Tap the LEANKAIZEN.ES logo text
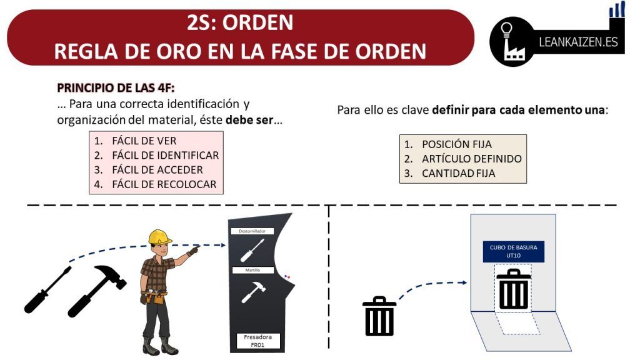pyautogui.click(x=578, y=42)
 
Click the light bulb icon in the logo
pyautogui.click(x=506, y=30)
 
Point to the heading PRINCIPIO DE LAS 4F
pyautogui.click(x=116, y=87)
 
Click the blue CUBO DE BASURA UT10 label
pyautogui.click(x=514, y=251)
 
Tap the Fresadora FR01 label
pyautogui.click(x=258, y=341)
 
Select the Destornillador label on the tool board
pyautogui.click(x=252, y=231)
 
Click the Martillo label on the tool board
pyautogui.click(x=252, y=270)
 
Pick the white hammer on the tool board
pyautogui.click(x=254, y=292)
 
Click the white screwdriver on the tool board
pyautogui.click(x=252, y=250)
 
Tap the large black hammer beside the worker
pyautogui.click(x=97, y=290)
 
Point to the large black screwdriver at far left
pyautogui.click(x=47, y=290)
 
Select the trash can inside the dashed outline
pyautogui.click(x=514, y=289)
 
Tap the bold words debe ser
pyautogui.click(x=249, y=120)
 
